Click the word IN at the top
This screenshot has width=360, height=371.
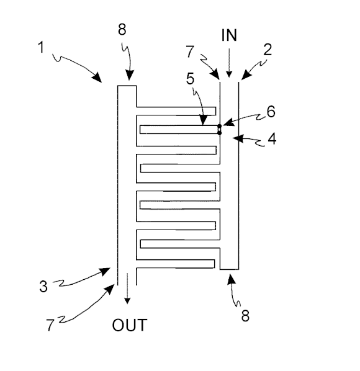pos(229,35)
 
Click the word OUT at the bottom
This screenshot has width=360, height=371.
pos(130,325)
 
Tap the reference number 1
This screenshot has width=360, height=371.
pos(41,47)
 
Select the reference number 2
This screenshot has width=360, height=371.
pos(268,50)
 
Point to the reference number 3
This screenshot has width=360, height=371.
pos(43,286)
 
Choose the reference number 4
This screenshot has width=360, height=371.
pos(272,139)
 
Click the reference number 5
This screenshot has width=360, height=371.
pos(191,79)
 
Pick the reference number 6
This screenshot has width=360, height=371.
pos(271,112)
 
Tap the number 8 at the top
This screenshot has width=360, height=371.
pos(122,30)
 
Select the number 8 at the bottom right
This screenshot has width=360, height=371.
pos(245,316)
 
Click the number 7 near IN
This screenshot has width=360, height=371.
pos(190,51)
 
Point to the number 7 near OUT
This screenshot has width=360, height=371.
pos(50,325)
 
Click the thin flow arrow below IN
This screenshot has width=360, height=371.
pos(228,63)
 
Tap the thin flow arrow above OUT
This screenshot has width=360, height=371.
pos(127,288)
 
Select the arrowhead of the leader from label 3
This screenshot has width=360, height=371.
pos(106,271)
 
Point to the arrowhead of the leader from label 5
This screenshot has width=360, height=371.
pos(203,120)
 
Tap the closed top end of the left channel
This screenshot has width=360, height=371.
pos(127,86)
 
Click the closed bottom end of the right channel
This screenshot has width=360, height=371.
pos(229,269)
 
